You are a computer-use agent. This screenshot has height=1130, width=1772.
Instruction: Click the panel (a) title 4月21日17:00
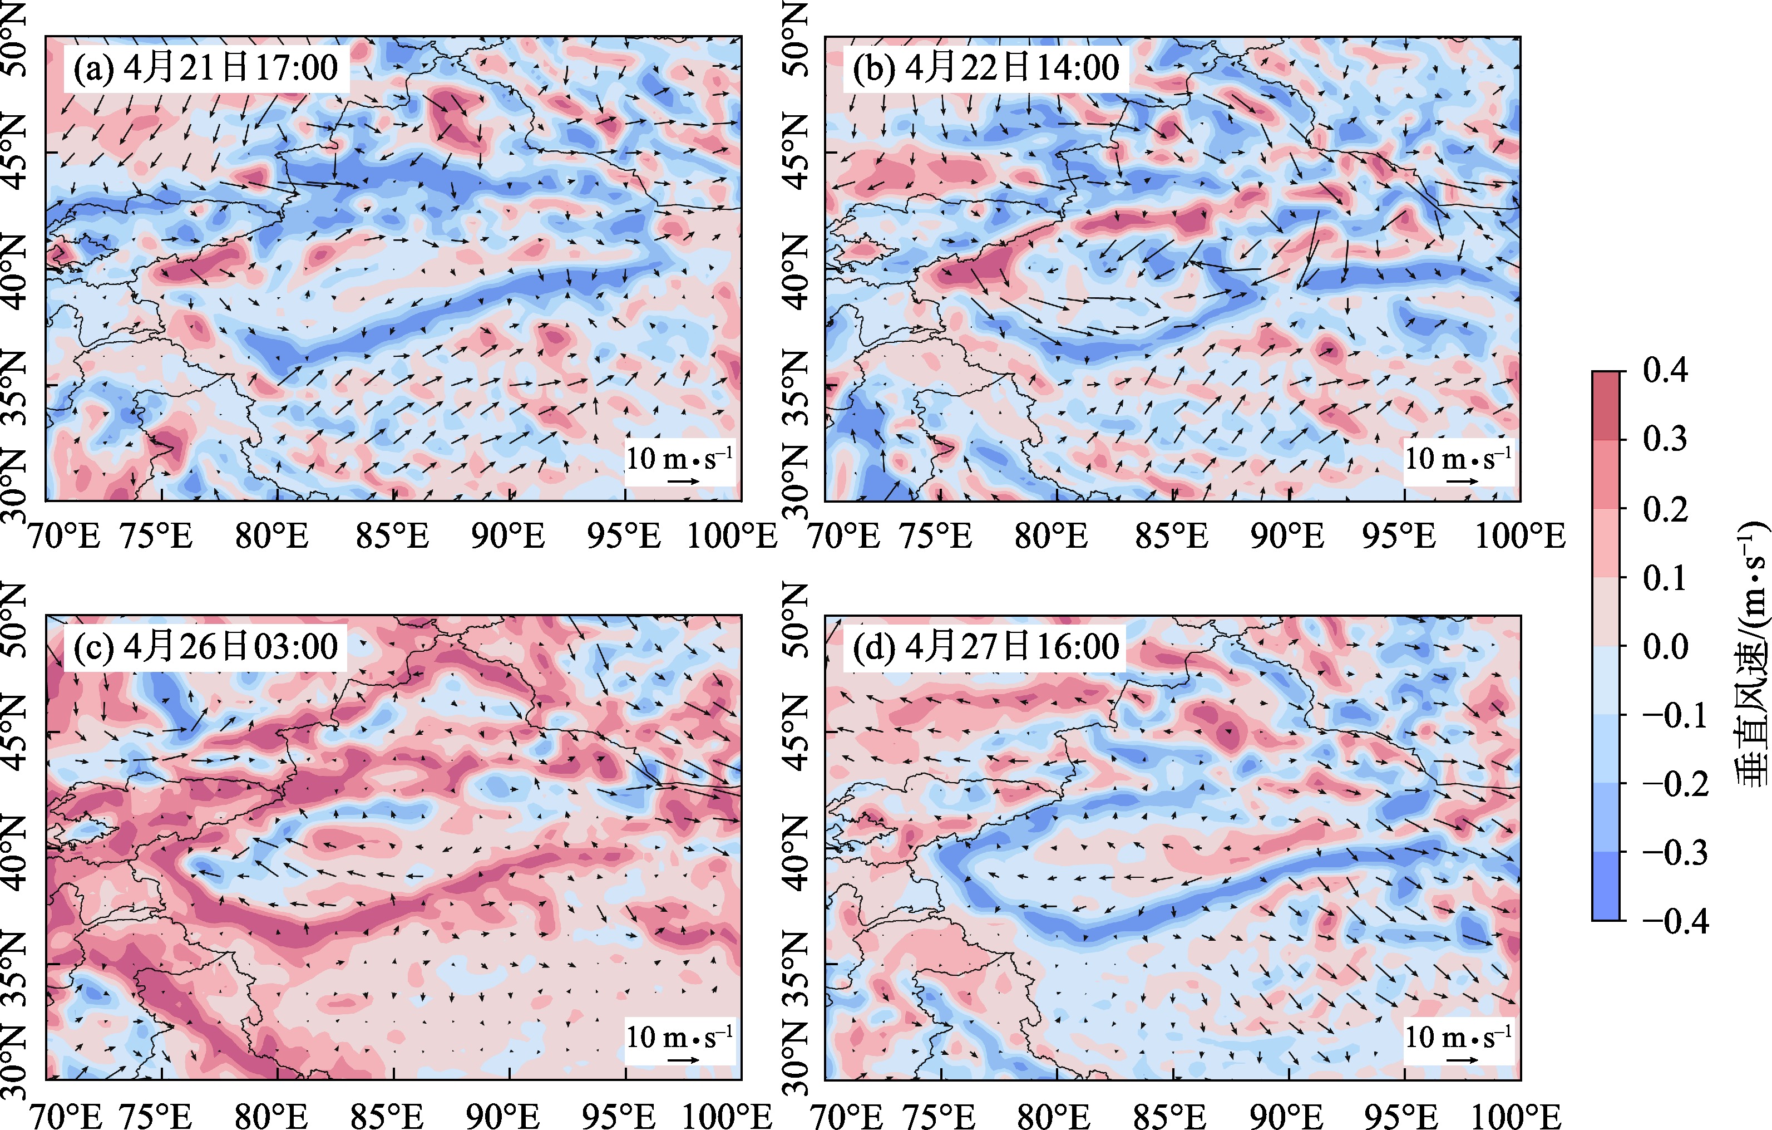click(205, 68)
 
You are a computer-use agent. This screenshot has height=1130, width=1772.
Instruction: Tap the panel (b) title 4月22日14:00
click(985, 68)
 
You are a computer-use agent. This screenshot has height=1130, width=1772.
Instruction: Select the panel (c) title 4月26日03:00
click(205, 646)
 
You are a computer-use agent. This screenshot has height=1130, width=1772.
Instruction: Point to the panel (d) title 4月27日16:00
click(985, 646)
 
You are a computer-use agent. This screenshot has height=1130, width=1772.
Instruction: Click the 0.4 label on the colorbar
click(1665, 370)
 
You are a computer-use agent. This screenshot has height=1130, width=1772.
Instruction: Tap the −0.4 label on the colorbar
click(1675, 921)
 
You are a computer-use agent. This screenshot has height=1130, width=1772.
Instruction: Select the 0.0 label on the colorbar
click(1665, 646)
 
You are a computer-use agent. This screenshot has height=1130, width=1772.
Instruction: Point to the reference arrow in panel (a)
click(684, 482)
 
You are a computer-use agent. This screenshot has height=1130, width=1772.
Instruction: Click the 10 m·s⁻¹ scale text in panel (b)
click(1457, 459)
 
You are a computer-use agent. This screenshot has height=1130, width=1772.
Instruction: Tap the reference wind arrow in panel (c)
click(684, 1060)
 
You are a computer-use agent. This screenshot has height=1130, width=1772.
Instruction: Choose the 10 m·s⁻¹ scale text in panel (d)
click(1457, 1036)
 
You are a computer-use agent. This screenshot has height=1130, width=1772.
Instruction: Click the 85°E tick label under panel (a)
click(392, 536)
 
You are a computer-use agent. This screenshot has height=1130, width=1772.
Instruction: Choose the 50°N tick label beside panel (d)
click(796, 618)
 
